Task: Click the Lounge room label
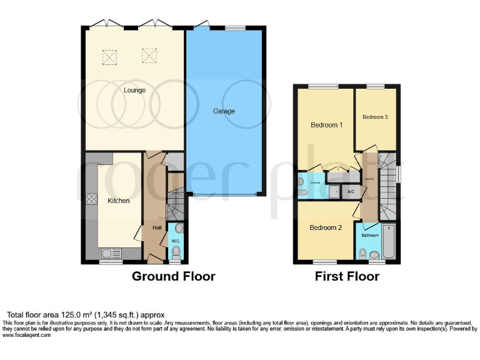pos(134,91)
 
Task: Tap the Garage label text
pos(224,111)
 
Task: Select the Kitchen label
pos(119,201)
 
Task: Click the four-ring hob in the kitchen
pos(91,200)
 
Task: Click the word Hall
pos(157,227)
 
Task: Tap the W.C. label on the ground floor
pos(176,241)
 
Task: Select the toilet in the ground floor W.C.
pos(176,252)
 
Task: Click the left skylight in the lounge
pos(109,58)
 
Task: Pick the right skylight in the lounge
pos(149,56)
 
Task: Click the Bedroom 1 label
pos(326,125)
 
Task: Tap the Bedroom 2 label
pos(326,227)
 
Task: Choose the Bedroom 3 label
pos(375,117)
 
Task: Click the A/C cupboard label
pos(351,191)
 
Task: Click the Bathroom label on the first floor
pos(369,236)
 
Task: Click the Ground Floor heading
pos(173,276)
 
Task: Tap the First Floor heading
pos(347,276)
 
